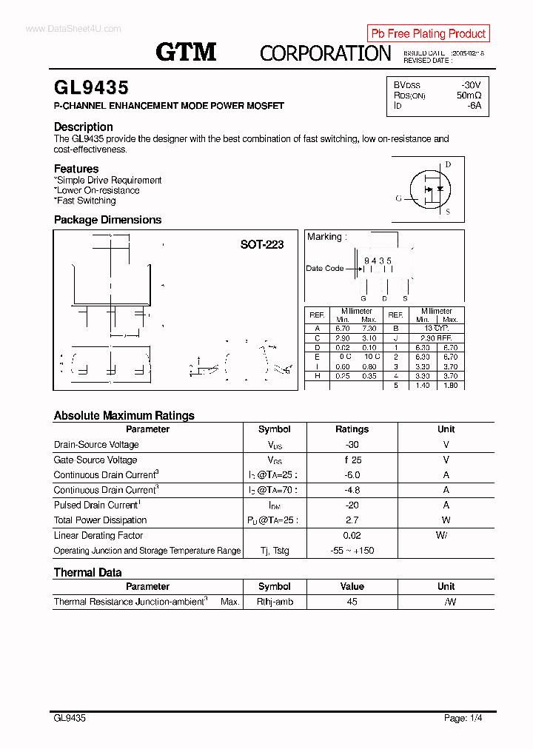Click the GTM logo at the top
point(186,52)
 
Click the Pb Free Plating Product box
point(428,33)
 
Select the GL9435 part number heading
point(91,88)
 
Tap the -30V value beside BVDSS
point(471,85)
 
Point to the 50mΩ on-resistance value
point(469,95)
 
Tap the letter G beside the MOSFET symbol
point(399,198)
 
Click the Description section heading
point(84,127)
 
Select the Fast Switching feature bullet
point(86,201)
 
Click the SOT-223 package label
point(261,244)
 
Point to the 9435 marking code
point(378,261)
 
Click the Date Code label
point(325,269)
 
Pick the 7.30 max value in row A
point(369,328)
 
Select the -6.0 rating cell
point(352,475)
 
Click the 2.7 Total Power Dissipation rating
point(352,520)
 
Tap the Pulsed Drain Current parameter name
point(95,506)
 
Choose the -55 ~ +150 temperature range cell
point(352,551)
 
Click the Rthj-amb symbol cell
point(275,602)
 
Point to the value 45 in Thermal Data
point(352,602)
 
